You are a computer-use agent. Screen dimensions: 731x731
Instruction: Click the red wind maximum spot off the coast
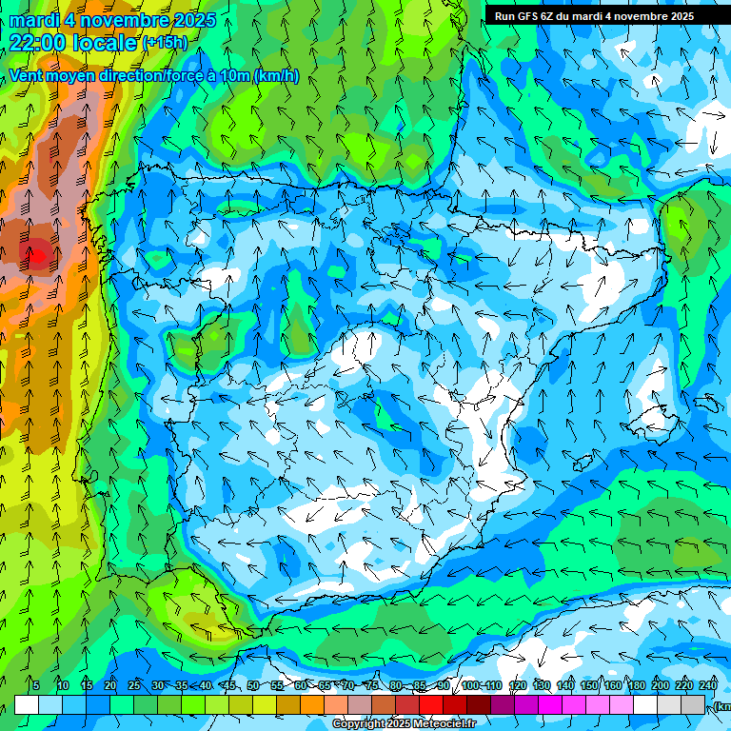(x=36, y=254)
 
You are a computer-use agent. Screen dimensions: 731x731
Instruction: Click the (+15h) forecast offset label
(x=165, y=42)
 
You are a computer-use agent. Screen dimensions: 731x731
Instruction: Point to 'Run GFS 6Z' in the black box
(x=524, y=16)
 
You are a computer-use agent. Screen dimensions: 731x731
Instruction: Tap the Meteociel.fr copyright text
(x=404, y=724)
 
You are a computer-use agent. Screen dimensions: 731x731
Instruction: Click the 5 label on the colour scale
(x=36, y=685)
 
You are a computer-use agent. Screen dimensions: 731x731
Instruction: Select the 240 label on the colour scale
(x=708, y=685)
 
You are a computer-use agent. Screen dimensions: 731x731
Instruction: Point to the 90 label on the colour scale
(x=444, y=685)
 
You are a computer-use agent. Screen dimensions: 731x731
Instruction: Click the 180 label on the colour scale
(x=636, y=685)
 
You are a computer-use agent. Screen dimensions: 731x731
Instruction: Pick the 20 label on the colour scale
(x=110, y=685)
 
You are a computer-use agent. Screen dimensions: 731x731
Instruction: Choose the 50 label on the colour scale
(x=253, y=685)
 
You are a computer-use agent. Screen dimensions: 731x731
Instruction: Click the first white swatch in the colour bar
(x=27, y=704)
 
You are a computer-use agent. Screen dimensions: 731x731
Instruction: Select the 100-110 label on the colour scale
(x=481, y=685)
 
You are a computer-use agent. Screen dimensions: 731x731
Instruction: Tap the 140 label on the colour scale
(x=565, y=685)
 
